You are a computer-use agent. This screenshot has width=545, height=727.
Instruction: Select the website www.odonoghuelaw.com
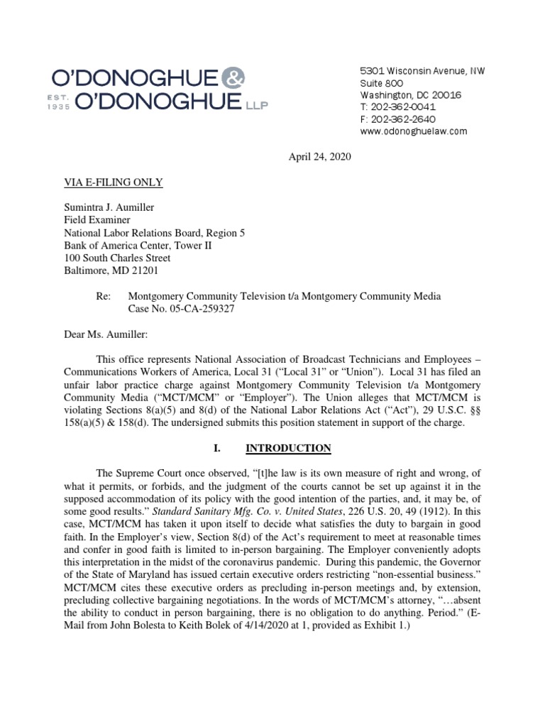point(413,131)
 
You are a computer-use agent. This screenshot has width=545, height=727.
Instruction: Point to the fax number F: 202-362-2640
point(397,119)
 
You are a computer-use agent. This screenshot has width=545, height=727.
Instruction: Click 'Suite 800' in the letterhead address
point(382,83)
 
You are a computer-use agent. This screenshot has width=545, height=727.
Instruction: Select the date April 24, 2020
point(319,157)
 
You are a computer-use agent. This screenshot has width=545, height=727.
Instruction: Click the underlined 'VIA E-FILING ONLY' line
point(114,182)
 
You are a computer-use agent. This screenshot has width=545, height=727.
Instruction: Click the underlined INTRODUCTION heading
point(288,448)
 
